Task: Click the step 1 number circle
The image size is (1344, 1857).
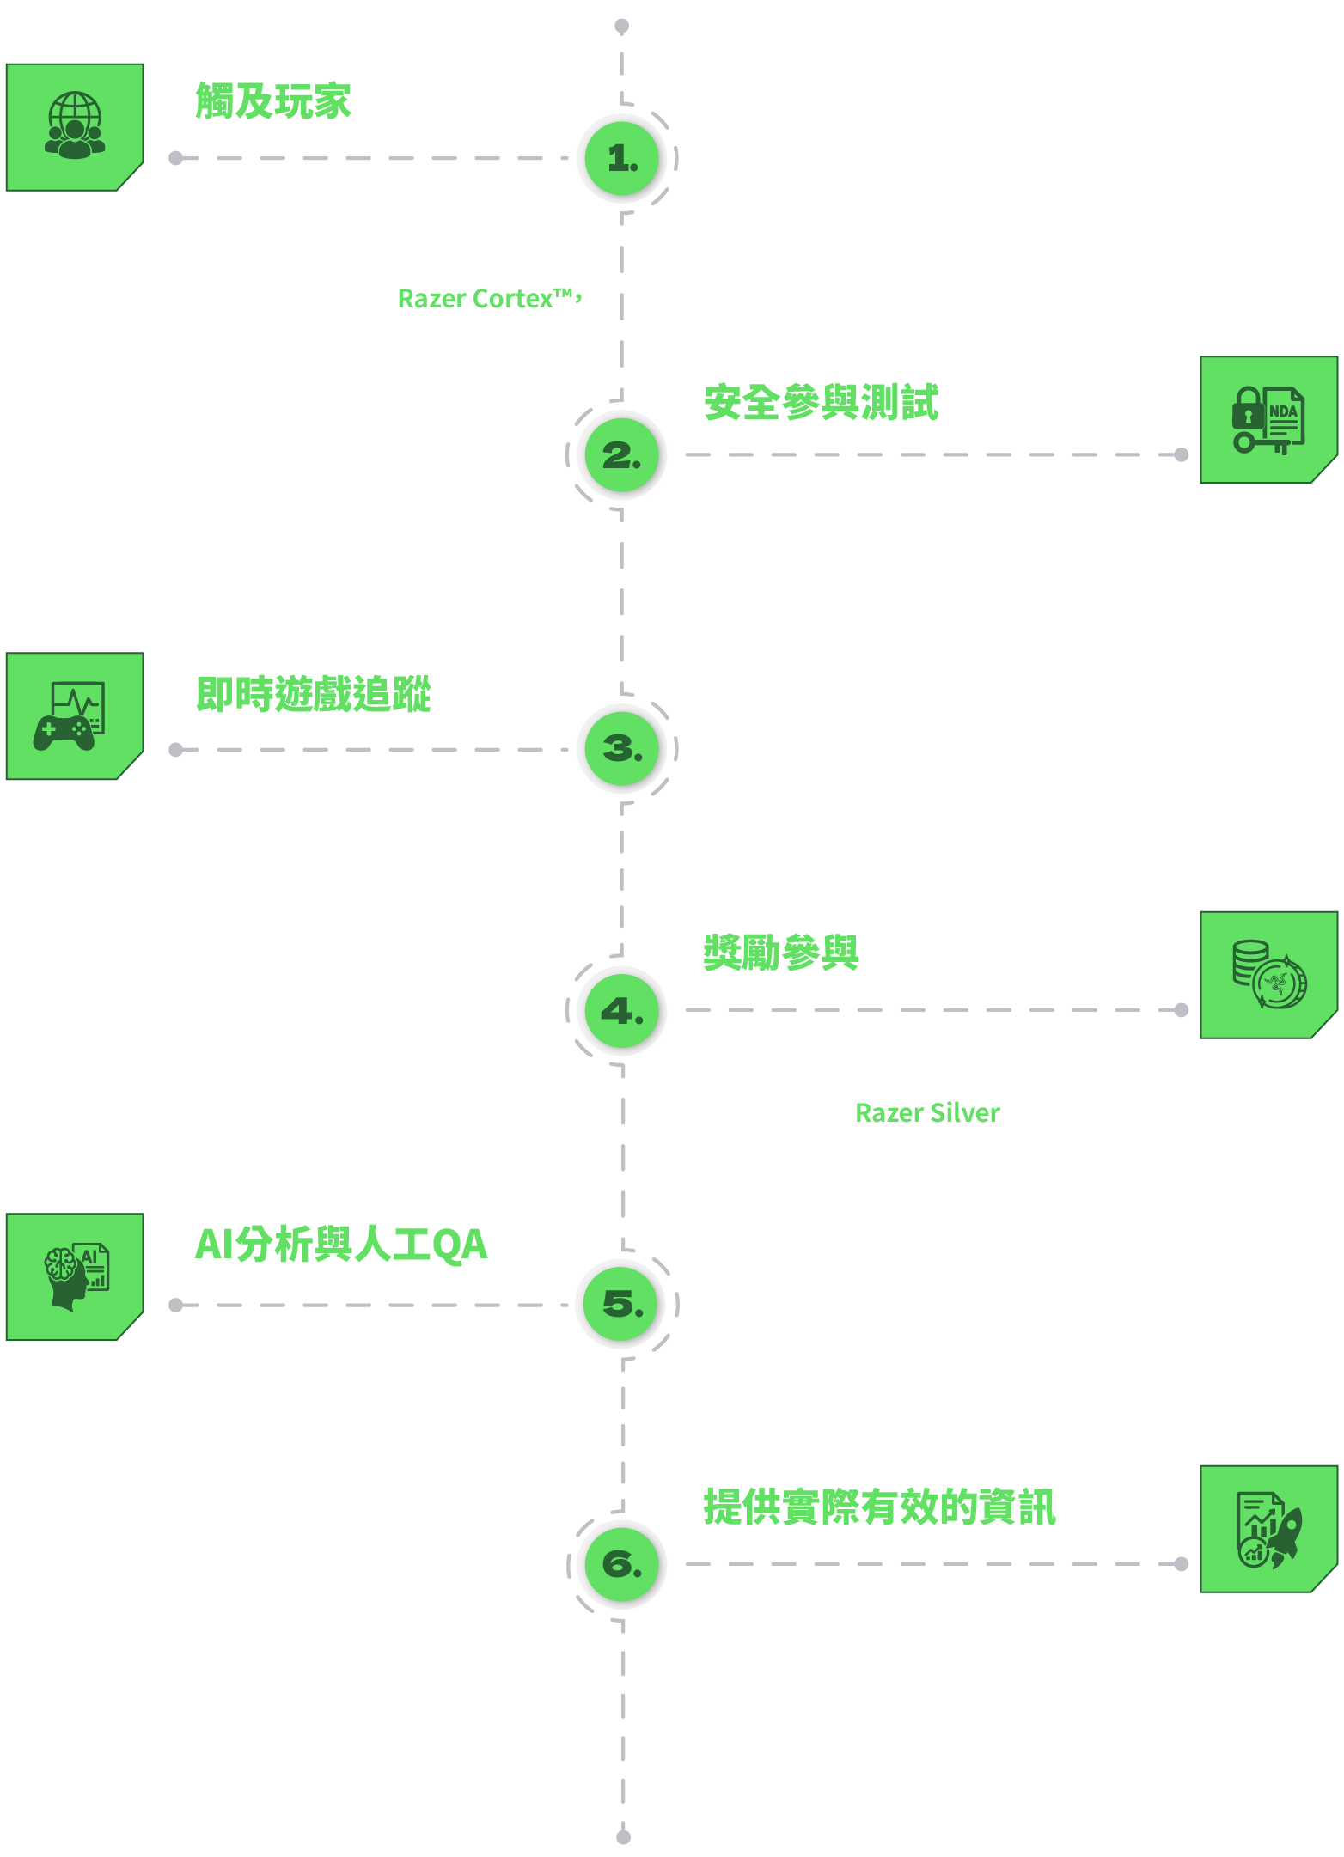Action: (621, 158)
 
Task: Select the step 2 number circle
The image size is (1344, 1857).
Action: (621, 454)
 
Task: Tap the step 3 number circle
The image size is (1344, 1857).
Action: (621, 749)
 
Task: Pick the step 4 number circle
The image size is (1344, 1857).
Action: (621, 1011)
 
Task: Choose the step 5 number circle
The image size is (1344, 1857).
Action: (621, 1304)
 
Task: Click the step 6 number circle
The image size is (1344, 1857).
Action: (621, 1564)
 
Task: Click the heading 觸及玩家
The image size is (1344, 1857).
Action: (273, 101)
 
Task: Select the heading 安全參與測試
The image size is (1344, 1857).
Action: (821, 403)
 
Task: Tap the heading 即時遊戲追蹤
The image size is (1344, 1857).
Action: (313, 694)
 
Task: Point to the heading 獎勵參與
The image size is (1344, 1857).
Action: (781, 953)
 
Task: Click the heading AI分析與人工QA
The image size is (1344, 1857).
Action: (341, 1245)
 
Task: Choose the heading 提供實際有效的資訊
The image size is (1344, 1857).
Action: (879, 1507)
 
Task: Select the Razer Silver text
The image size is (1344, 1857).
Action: (927, 1113)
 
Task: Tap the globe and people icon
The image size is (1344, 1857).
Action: (75, 126)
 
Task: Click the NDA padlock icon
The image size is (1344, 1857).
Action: (1268, 420)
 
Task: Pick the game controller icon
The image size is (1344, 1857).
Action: (69, 715)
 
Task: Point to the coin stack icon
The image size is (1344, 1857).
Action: (1269, 974)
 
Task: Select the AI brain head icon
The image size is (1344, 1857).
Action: (76, 1276)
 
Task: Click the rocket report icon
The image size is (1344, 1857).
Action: (1269, 1530)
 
